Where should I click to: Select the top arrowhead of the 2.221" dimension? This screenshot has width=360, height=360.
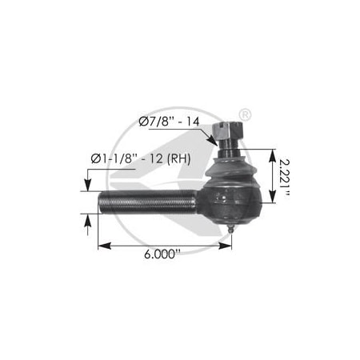(x=273, y=152)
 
